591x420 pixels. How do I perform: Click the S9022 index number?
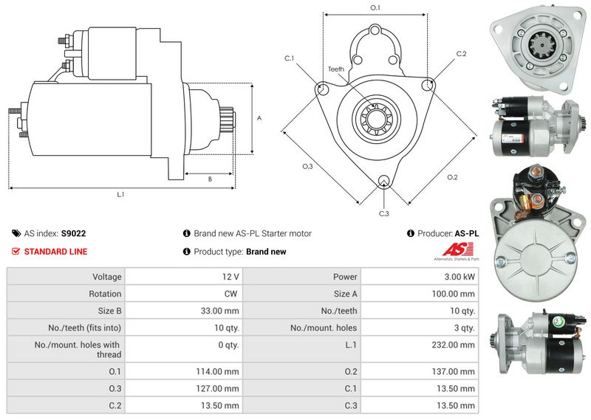coord(73,233)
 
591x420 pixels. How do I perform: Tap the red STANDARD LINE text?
coord(55,252)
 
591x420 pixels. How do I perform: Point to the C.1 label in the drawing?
coord(289,58)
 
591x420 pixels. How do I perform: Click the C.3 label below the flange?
coord(383,214)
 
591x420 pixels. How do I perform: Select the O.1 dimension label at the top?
coord(375,7)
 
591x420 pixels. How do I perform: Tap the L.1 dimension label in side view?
coord(120,195)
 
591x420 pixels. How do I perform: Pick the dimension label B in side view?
coord(209,179)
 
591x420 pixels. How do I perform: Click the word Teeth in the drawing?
coord(336,69)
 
